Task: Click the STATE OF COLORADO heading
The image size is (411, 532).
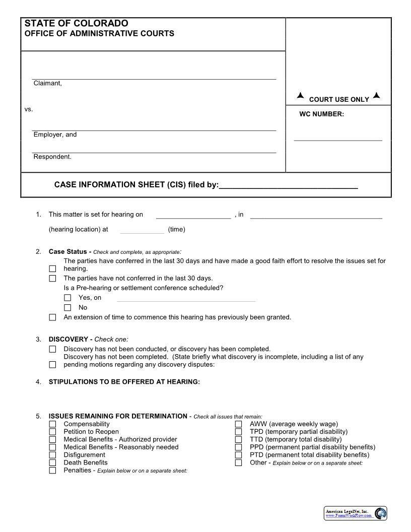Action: pyautogui.click(x=76, y=24)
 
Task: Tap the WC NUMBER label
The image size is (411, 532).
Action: pyautogui.click(x=321, y=114)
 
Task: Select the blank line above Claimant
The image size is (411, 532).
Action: pyautogui.click(x=154, y=76)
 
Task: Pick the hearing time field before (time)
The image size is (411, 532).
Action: pyautogui.click(x=142, y=230)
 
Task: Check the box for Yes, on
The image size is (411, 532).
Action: pyautogui.click(x=67, y=298)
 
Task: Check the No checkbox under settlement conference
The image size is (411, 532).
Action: pyautogui.click(x=67, y=308)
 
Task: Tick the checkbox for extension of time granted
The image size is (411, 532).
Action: pyautogui.click(x=52, y=317)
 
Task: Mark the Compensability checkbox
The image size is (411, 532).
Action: pyautogui.click(x=52, y=424)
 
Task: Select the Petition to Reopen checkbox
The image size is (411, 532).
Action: pyautogui.click(x=52, y=432)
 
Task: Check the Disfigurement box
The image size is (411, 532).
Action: pyautogui.click(x=52, y=455)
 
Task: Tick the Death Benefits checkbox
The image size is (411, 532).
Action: pyautogui.click(x=52, y=462)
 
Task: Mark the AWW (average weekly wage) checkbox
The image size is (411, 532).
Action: pyautogui.click(x=238, y=424)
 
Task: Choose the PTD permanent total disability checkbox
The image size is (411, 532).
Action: pyautogui.click(x=238, y=455)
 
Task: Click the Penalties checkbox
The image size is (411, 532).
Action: pyautogui.click(x=52, y=471)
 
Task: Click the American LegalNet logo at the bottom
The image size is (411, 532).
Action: pyautogui.click(x=356, y=513)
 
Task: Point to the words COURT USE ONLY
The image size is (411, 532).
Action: pyautogui.click(x=339, y=100)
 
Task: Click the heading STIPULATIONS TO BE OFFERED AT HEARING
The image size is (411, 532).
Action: pyautogui.click(x=124, y=382)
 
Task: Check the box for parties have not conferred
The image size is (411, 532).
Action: pyautogui.click(x=52, y=279)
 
